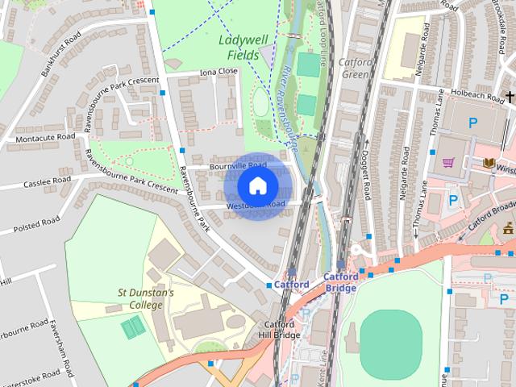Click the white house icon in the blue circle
coord(257,186)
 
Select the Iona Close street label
coord(218,72)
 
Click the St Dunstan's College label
coord(145,299)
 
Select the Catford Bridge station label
coord(340,282)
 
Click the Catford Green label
coord(357,69)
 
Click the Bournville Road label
coord(238,164)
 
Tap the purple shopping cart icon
coord(449,162)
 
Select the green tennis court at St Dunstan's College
coord(133,327)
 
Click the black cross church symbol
coord(509,98)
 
